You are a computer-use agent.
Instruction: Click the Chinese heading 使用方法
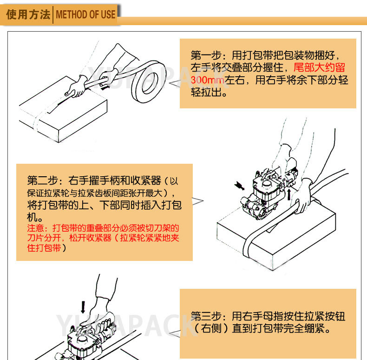[x=28, y=14]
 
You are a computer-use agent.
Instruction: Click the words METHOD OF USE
[x=85, y=14]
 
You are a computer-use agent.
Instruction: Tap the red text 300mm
[x=208, y=80]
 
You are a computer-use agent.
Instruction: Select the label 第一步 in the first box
[x=206, y=55]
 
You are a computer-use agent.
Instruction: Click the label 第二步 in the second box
[x=42, y=180]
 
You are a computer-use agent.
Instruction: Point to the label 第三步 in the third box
[x=206, y=316]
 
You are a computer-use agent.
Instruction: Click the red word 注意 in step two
[x=35, y=228]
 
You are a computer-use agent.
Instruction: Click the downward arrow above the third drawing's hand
[x=83, y=307]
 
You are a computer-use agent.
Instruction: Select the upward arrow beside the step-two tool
[x=289, y=194]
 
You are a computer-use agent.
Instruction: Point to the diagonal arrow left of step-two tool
[x=239, y=186]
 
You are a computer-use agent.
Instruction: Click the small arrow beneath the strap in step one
[x=105, y=88]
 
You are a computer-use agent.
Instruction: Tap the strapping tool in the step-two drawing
[x=269, y=192]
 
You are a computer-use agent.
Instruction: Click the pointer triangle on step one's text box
[x=175, y=83]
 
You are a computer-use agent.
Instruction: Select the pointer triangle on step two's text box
[x=198, y=201]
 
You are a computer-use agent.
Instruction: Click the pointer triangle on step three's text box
[x=175, y=334]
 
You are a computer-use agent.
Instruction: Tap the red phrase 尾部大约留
[x=319, y=67]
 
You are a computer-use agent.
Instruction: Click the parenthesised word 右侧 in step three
[x=211, y=328]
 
